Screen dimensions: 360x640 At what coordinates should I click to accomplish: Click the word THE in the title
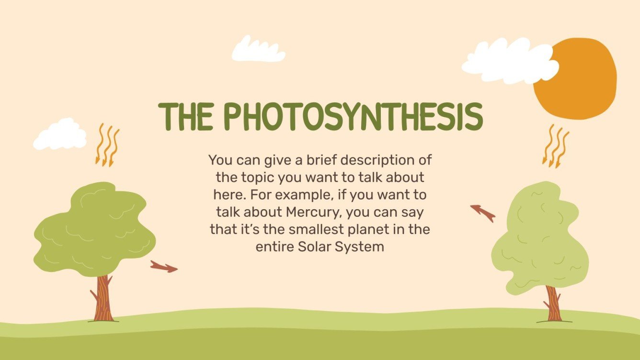(187, 116)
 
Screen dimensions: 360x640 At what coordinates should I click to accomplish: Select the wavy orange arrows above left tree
(107, 145)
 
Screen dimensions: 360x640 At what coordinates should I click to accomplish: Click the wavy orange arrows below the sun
(556, 146)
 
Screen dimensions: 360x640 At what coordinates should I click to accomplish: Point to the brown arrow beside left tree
(163, 267)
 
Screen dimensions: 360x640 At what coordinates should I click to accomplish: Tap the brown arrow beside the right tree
(482, 212)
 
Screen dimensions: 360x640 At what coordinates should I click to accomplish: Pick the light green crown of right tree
(539, 239)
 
